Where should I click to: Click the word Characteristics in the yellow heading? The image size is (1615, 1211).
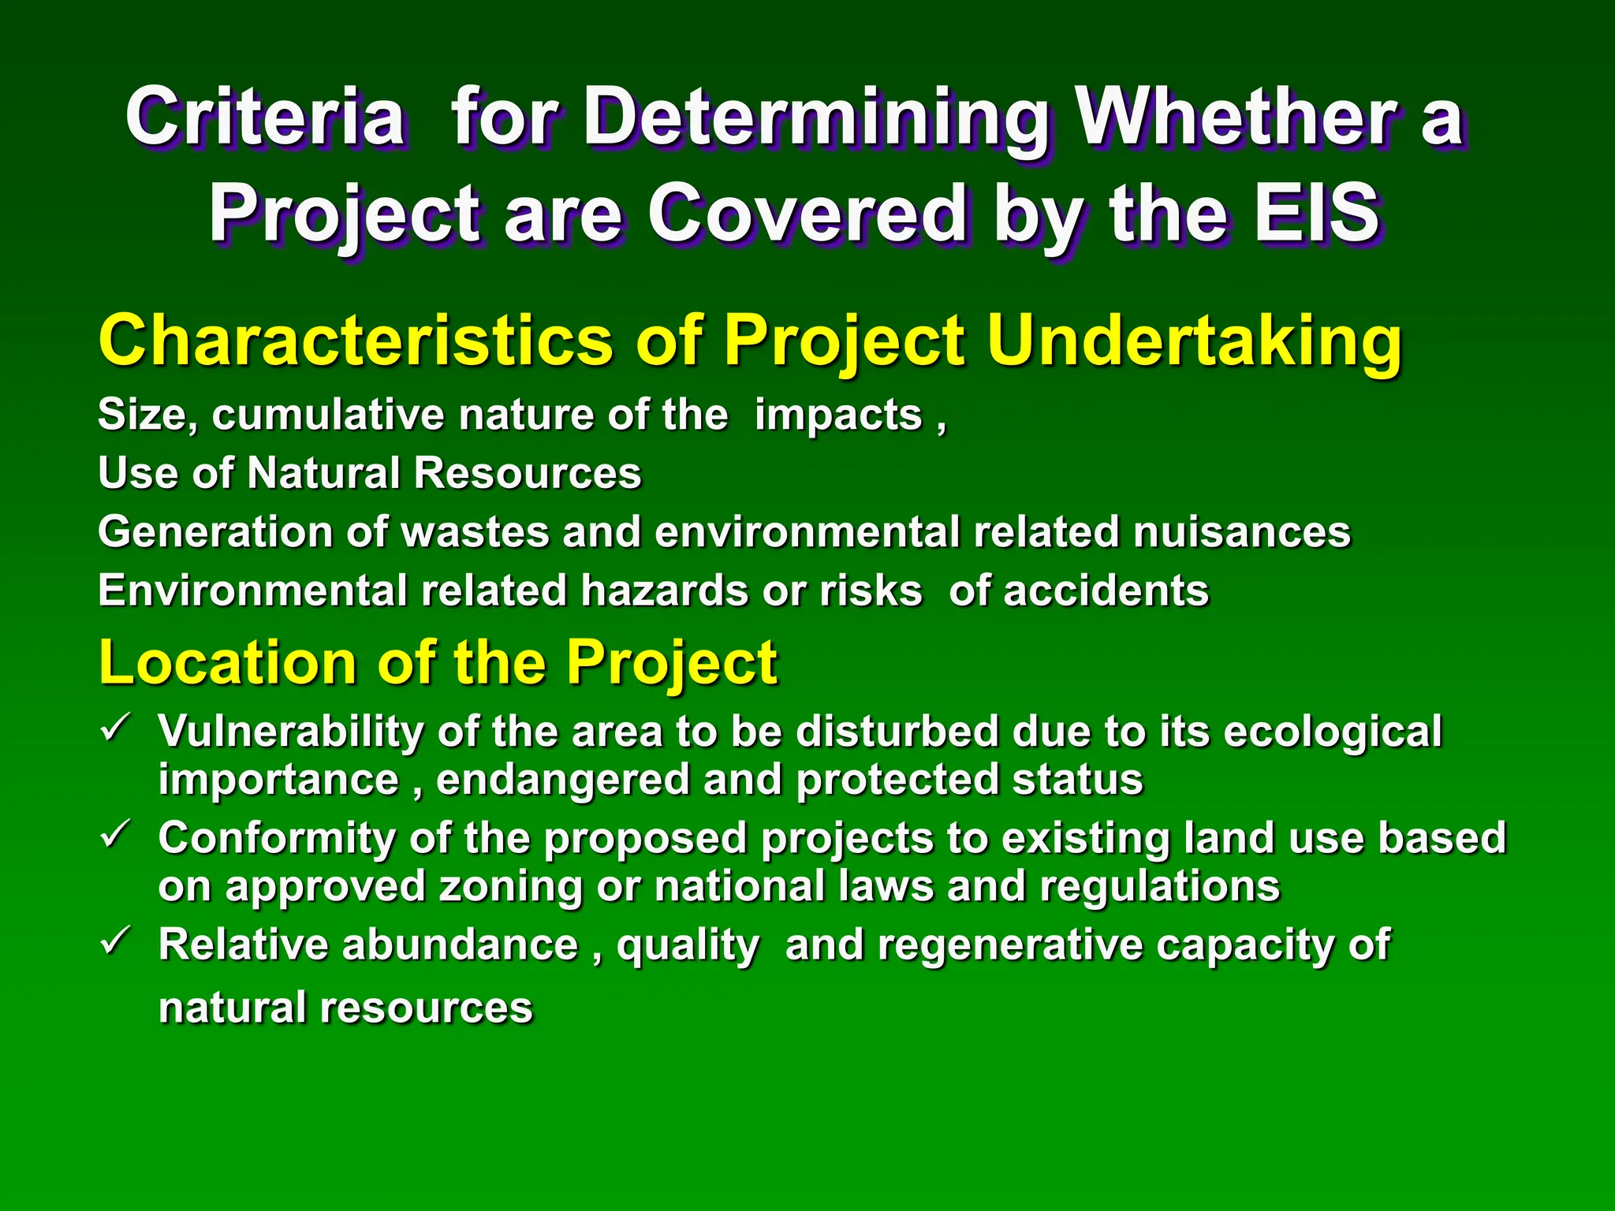356,341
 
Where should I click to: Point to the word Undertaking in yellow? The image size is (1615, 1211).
1194,341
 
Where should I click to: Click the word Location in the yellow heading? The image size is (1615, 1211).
227,662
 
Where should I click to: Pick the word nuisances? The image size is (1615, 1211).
1242,531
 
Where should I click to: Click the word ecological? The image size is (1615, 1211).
1332,731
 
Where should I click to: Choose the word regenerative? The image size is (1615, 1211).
1010,945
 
